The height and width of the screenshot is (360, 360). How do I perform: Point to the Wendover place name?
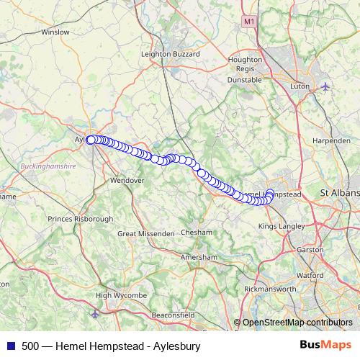[x=128, y=180]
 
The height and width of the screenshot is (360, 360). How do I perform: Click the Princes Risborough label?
[x=80, y=218]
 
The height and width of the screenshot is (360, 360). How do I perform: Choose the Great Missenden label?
[x=146, y=233]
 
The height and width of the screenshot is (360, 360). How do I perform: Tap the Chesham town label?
[x=196, y=233]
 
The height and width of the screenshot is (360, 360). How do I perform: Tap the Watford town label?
[x=310, y=275]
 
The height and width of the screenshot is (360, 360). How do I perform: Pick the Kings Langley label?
[x=282, y=227]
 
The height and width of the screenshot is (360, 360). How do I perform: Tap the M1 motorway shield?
[x=249, y=22]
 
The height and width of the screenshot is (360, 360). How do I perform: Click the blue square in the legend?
[x=11, y=346]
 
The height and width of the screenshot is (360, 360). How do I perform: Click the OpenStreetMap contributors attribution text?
[x=297, y=322]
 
